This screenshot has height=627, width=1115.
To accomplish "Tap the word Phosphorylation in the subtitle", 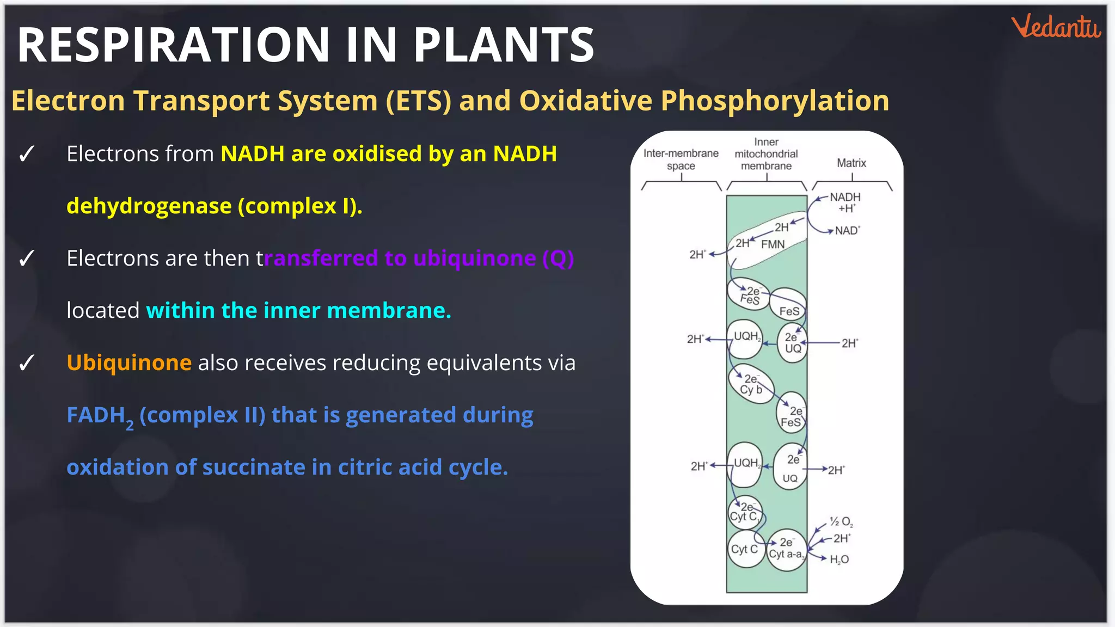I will click(x=775, y=101).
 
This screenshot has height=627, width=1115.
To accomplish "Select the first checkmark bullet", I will click(x=26, y=154).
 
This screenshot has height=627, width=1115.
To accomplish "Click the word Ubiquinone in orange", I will click(x=129, y=362).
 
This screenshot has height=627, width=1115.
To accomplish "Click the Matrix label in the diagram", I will click(x=851, y=163).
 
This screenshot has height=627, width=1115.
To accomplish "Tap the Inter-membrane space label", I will click(x=681, y=159).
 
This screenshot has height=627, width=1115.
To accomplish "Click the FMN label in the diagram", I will click(x=773, y=244).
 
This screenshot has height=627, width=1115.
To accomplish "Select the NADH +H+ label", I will click(x=845, y=202).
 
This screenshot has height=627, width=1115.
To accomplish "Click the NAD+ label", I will click(x=847, y=231).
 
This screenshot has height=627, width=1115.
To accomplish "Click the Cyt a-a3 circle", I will click(x=786, y=550).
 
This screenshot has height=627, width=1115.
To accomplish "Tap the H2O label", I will click(x=839, y=560).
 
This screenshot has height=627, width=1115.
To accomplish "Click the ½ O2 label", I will click(x=841, y=522).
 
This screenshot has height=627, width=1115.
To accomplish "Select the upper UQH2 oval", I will click(x=745, y=339).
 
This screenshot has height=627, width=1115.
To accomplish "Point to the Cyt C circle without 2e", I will click(x=744, y=549).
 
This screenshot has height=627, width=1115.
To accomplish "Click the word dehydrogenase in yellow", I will click(x=149, y=206).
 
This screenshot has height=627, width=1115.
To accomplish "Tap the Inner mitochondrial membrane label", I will click(x=766, y=154).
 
